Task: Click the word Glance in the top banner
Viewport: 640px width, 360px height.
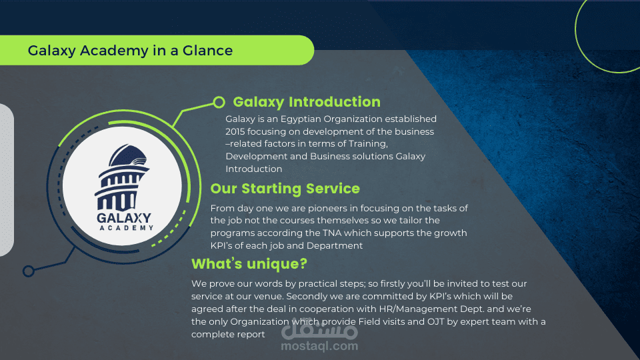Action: tap(207, 51)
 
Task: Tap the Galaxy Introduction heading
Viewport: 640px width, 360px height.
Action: tap(307, 102)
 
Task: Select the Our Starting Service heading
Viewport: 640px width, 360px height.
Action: tap(285, 189)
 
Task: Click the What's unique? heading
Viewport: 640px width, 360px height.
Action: tap(249, 264)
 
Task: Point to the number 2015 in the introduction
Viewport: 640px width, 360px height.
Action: tap(235, 132)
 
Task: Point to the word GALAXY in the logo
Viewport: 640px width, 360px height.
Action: tap(124, 219)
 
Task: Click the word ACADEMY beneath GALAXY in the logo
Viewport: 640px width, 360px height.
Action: tap(127, 228)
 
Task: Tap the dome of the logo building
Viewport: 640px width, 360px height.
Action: tap(127, 156)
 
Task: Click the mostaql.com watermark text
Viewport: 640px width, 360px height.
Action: tap(319, 346)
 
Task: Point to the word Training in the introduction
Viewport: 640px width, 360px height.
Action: tap(367, 144)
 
